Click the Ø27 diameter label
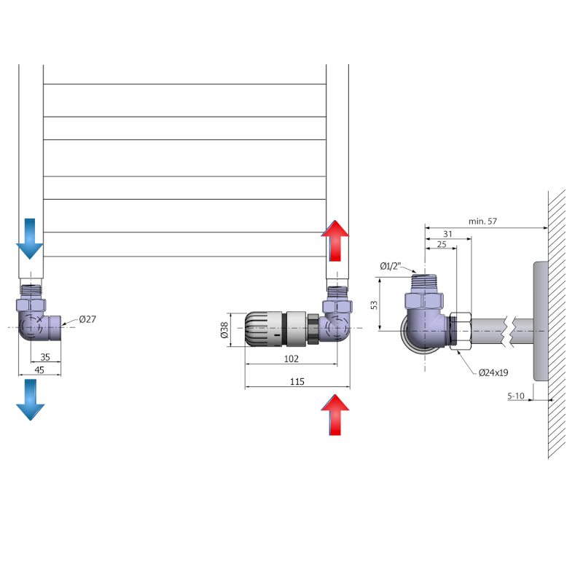coord(88,319)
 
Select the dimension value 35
coord(45,357)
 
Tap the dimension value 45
coord(39,370)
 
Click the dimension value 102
coord(291,359)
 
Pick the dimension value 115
coord(297,381)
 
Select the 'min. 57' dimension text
coord(484,222)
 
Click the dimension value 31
coord(447,233)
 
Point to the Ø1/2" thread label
coord(391,266)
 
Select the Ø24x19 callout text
coord(493,372)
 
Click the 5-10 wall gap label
coord(516,396)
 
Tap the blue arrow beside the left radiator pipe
coord(30,238)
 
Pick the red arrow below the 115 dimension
coord(335,414)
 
